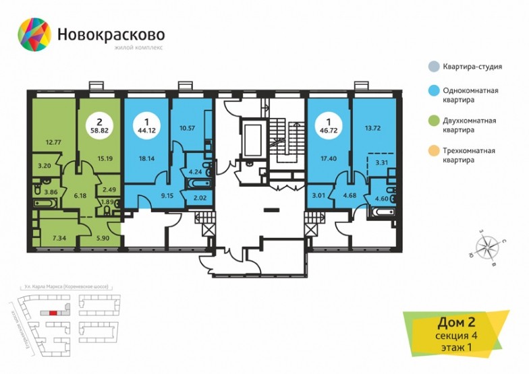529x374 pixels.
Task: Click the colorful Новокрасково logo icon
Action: [x=34, y=33]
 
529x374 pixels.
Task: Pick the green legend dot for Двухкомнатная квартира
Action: [x=432, y=125]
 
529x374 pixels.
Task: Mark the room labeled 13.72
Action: [x=373, y=127]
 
